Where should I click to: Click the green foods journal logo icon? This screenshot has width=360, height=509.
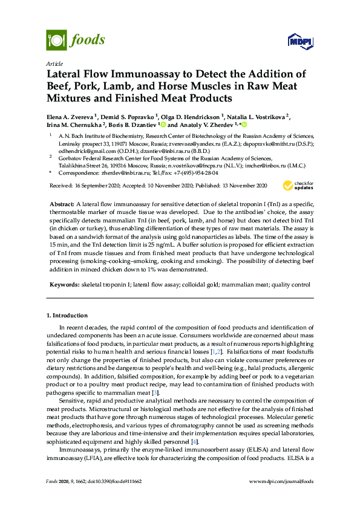(x=56, y=41)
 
